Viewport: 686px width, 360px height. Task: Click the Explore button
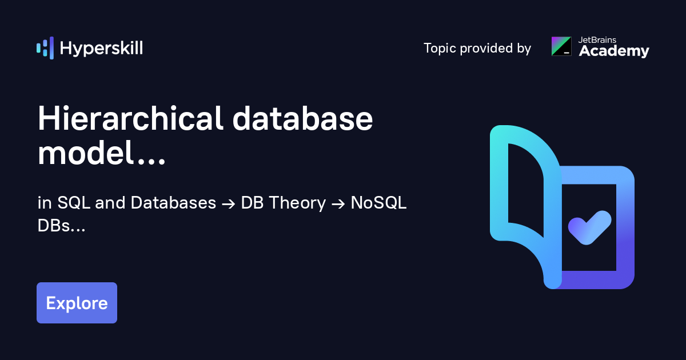point(77,303)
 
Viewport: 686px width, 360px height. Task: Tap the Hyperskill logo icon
point(45,48)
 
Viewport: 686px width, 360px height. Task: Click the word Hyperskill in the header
point(101,49)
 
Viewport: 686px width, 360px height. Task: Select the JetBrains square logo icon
point(561,46)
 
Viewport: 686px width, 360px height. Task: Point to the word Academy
point(614,51)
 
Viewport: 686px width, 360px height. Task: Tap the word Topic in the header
point(440,49)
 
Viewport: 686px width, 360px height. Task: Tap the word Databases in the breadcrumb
point(173,203)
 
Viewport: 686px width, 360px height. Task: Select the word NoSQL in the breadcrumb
point(378,203)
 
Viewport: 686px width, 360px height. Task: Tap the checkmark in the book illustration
point(589,227)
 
